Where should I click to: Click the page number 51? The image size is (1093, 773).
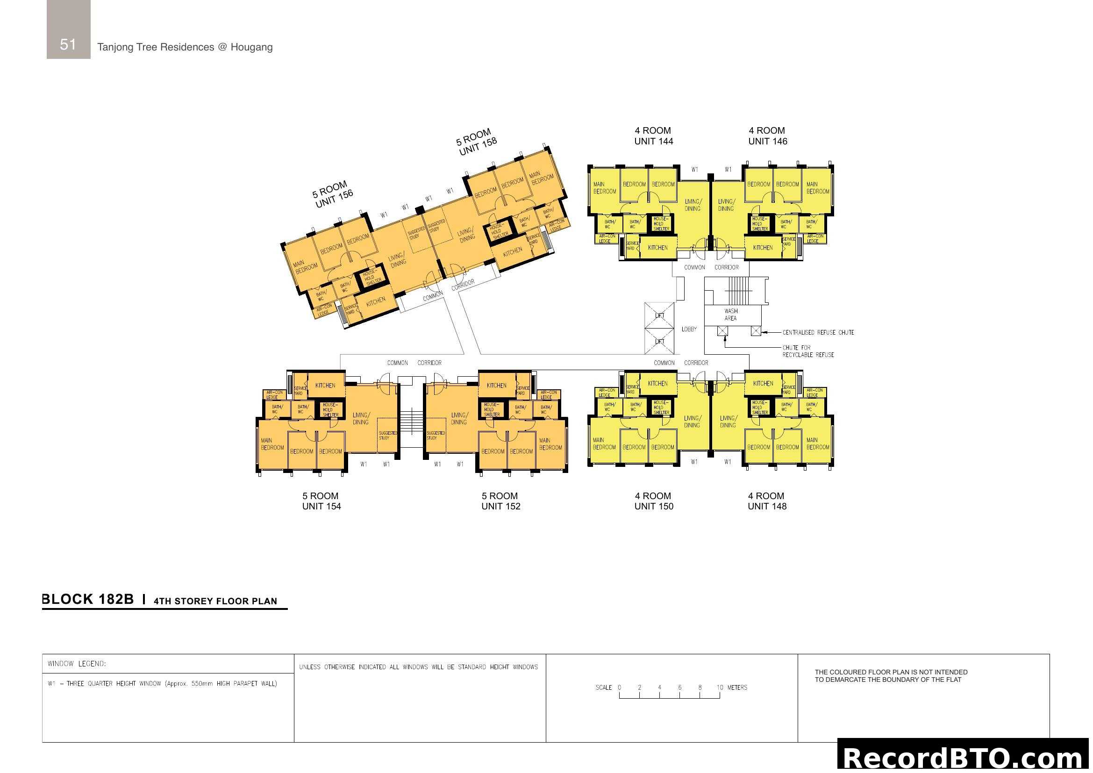(68, 44)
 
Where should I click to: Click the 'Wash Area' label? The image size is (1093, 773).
(731, 315)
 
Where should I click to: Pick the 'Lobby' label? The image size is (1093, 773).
(689, 329)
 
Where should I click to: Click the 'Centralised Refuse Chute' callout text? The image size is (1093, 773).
(818, 332)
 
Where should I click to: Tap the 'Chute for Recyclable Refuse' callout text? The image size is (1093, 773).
(808, 351)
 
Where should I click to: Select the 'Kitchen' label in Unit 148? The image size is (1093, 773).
(763, 384)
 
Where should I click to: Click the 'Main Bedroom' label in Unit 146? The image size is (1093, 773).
(817, 187)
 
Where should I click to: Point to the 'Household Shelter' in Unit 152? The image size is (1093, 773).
(491, 409)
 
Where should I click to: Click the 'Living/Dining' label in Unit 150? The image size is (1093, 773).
(692, 422)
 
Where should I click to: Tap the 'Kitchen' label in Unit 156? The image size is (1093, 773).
(376, 301)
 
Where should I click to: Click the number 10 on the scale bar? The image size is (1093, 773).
(719, 687)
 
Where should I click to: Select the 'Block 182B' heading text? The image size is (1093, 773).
(88, 599)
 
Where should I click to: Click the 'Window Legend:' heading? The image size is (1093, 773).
(77, 664)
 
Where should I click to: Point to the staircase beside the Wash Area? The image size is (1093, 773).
(738, 290)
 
